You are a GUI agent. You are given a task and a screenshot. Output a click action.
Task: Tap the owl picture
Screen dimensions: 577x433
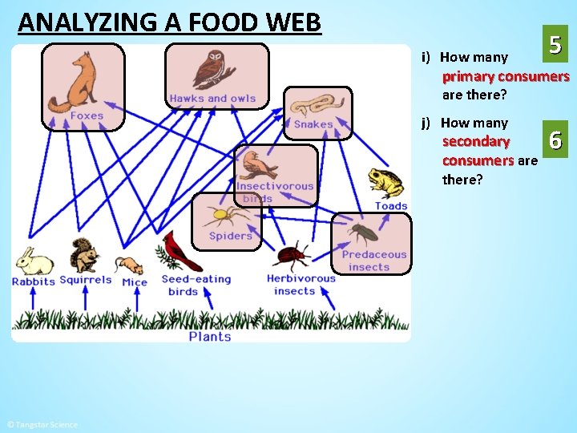213,69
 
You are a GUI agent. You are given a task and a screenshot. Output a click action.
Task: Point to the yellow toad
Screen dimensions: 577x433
386,184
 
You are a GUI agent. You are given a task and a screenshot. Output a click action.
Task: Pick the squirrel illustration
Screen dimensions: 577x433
83,256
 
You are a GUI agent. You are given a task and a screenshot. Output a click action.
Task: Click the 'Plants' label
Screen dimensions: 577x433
210,337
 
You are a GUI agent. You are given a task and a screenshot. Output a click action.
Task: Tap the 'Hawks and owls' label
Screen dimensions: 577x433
212,99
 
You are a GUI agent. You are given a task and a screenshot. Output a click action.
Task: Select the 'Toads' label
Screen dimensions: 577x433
391,206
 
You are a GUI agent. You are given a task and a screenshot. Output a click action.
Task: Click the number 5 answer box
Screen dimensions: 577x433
555,46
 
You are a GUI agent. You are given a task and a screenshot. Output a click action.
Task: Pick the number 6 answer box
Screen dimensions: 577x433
555,142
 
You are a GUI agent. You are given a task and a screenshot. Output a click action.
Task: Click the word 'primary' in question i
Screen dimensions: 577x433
468,77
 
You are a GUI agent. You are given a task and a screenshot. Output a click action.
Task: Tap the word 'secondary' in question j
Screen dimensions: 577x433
476,142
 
